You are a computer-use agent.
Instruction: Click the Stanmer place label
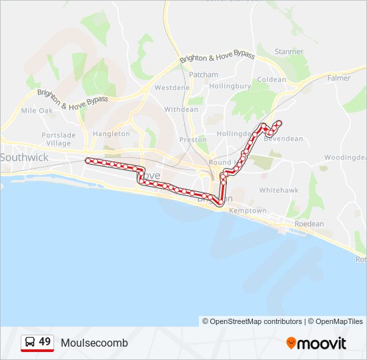(289, 52)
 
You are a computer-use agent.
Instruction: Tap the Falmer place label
(339, 78)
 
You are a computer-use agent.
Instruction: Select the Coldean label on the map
(272, 80)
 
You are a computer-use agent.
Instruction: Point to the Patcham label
(204, 75)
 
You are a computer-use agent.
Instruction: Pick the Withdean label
(181, 109)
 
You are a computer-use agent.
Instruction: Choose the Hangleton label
(111, 134)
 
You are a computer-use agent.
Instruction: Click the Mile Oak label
(37, 111)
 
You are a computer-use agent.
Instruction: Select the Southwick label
(24, 157)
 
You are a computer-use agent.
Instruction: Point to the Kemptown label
(248, 211)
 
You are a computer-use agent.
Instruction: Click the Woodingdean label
(346, 157)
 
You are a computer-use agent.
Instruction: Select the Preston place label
(193, 140)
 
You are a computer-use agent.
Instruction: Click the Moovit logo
(316, 343)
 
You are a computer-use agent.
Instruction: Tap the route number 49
(45, 342)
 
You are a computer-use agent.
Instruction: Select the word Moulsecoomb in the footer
(94, 343)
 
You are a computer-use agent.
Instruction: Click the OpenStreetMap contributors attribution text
(252, 321)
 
